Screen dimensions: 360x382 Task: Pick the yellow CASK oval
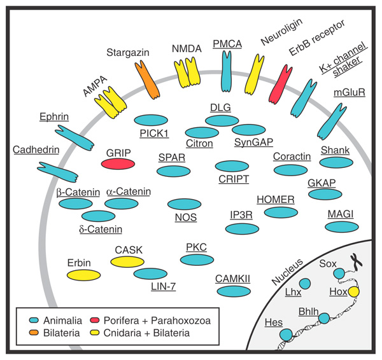(x=127, y=261)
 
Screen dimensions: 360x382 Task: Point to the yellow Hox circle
(x=353, y=292)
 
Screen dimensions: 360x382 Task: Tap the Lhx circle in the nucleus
(x=305, y=283)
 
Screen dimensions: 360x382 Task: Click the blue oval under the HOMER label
(x=275, y=212)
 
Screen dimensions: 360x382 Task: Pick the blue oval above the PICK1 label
(x=152, y=120)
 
